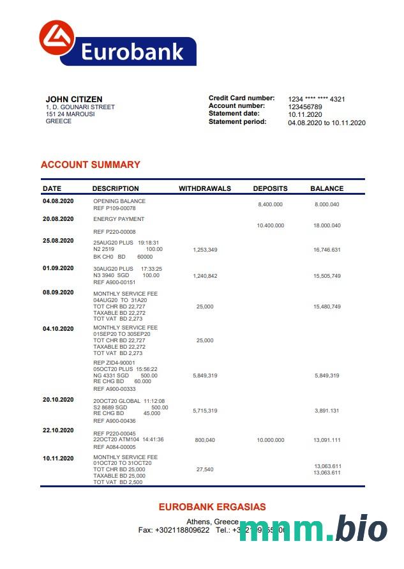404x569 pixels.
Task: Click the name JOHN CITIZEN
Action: pyautogui.click(x=74, y=99)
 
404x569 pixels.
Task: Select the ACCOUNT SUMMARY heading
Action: pyautogui.click(x=90, y=165)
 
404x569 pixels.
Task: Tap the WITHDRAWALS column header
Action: pyautogui.click(x=205, y=188)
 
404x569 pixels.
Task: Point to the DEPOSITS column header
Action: pyautogui.click(x=270, y=188)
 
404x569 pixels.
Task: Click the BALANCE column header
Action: pyautogui.click(x=327, y=188)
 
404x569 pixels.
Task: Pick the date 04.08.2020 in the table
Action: pyautogui.click(x=59, y=201)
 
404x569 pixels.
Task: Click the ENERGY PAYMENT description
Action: pyautogui.click(x=119, y=219)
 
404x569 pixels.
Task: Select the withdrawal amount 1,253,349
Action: pyautogui.click(x=205, y=250)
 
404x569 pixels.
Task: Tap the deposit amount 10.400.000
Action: pyautogui.click(x=270, y=226)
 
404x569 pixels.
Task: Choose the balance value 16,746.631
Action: pyautogui.click(x=327, y=250)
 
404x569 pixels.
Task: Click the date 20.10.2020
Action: pyautogui.click(x=59, y=399)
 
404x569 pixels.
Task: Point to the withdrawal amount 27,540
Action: pyautogui.click(x=205, y=469)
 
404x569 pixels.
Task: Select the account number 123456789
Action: pyautogui.click(x=305, y=107)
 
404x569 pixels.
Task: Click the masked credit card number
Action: pyautogui.click(x=317, y=99)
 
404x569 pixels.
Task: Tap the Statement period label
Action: pyautogui.click(x=237, y=121)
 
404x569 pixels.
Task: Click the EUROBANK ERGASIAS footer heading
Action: pyautogui.click(x=212, y=507)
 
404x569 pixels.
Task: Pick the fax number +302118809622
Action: pyautogui.click(x=182, y=530)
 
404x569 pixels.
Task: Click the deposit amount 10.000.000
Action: pyautogui.click(x=270, y=440)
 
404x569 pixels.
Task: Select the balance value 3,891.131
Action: pyautogui.click(x=327, y=411)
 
